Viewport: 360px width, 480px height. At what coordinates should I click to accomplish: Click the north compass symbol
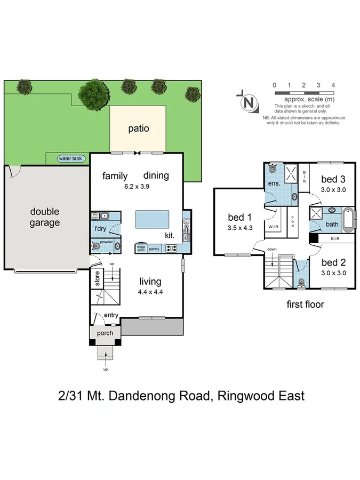click(x=247, y=102)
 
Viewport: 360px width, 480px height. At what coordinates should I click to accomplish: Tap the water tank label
click(x=72, y=158)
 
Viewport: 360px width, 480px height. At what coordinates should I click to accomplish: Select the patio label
click(x=138, y=129)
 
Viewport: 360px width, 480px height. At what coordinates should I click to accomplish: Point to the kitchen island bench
click(x=152, y=219)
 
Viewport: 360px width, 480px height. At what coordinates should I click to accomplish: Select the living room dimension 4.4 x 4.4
click(x=150, y=292)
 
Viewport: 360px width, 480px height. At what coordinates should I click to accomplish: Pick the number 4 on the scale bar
click(x=333, y=85)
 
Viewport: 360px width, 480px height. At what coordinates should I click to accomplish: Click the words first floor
click(x=305, y=305)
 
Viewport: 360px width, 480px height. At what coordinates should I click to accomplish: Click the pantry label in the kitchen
click(x=155, y=249)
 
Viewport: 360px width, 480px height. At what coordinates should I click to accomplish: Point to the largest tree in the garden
click(x=94, y=95)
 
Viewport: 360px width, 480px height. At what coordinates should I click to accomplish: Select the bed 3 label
click(x=330, y=180)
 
